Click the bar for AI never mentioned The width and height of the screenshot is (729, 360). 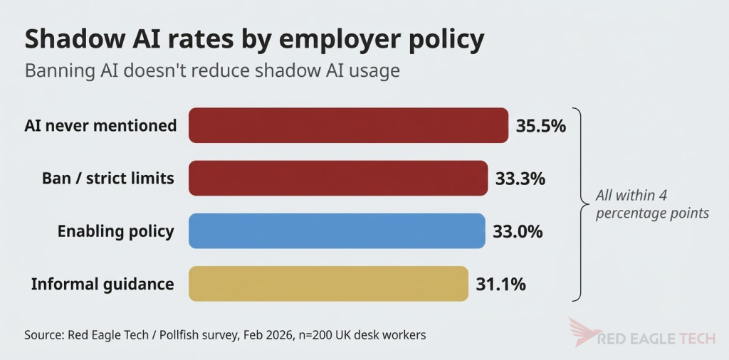point(348,125)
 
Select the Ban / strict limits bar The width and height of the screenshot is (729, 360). point(338,178)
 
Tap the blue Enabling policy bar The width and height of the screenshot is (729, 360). point(337,231)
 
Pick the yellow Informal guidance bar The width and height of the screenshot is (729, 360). point(328,283)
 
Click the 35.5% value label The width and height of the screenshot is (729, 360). point(541,126)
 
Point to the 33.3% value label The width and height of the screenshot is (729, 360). point(520,179)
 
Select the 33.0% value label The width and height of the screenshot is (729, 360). point(518,231)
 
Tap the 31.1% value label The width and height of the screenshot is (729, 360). point(500,284)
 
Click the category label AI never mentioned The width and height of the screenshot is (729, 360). point(100,125)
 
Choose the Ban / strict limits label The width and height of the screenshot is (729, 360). point(108,179)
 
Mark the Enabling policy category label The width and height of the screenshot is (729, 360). point(116,231)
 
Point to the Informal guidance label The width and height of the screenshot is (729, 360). point(103,284)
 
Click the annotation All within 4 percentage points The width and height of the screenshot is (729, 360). point(652,204)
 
